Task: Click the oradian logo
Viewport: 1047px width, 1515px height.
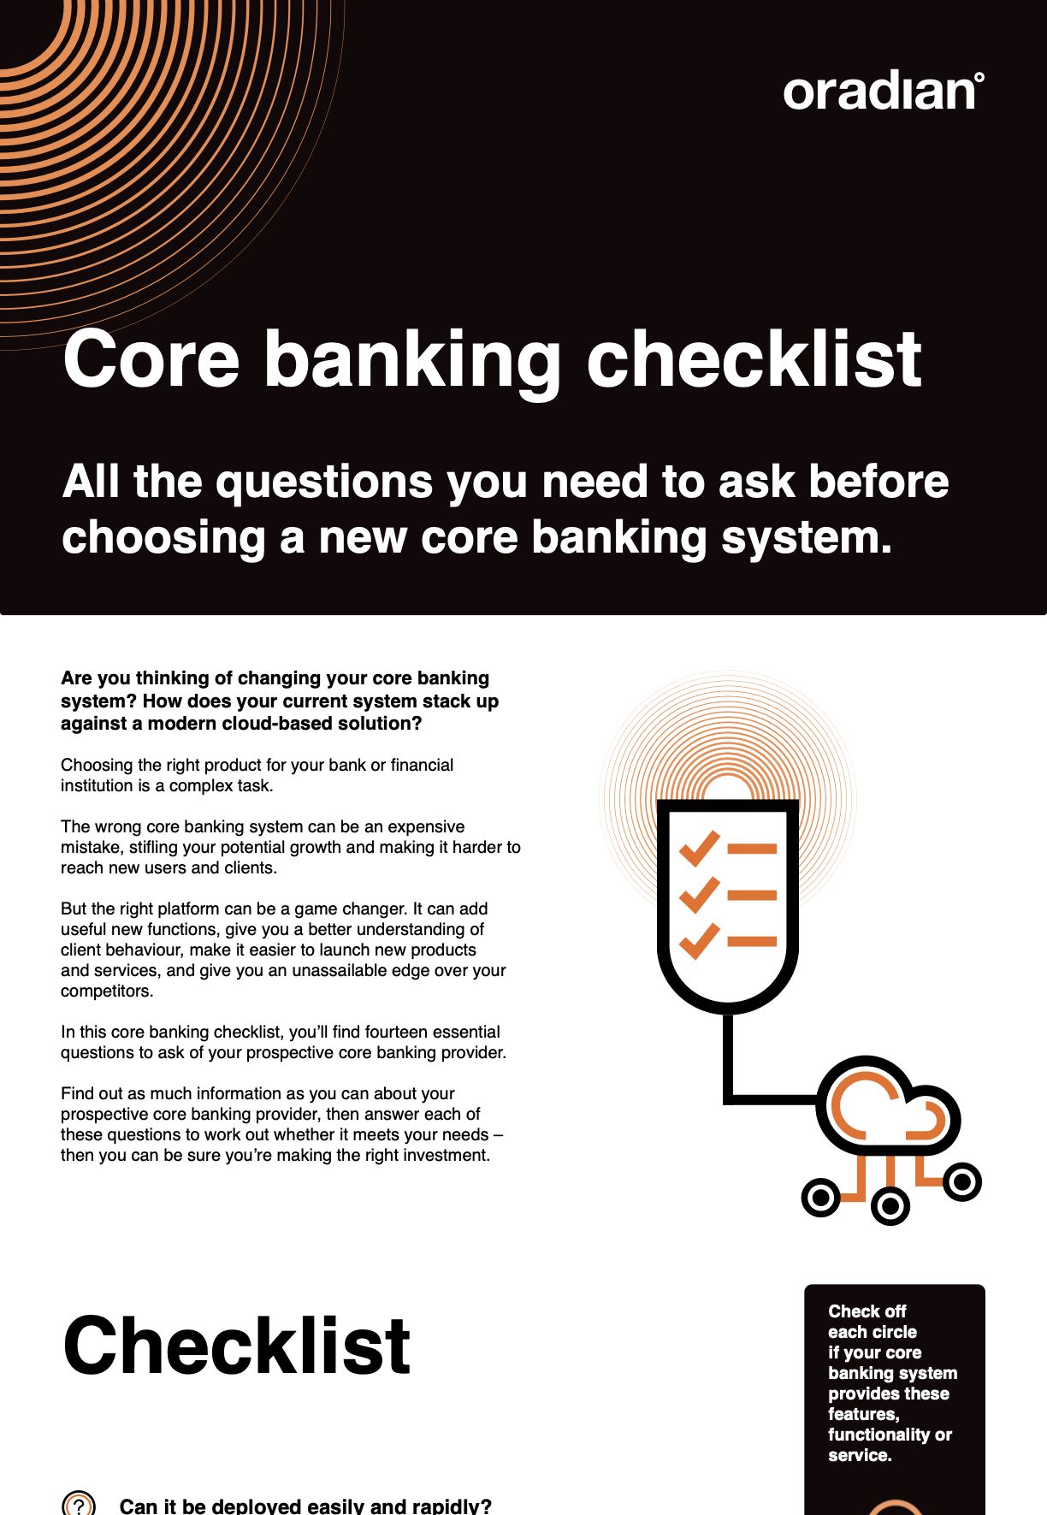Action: click(x=884, y=92)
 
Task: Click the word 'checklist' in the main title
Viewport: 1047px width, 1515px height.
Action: click(x=754, y=358)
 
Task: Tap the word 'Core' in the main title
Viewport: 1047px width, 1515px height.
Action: click(x=151, y=359)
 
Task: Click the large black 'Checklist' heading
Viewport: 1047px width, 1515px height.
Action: click(x=237, y=1346)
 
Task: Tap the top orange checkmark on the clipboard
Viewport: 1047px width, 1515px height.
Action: click(x=699, y=849)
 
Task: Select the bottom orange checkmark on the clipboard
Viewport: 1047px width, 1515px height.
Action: click(x=699, y=941)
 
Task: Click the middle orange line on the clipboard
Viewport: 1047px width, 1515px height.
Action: click(x=752, y=896)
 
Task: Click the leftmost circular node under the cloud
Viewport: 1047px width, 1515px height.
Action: click(x=821, y=1198)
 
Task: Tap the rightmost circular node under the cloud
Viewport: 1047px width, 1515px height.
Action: click(x=962, y=1181)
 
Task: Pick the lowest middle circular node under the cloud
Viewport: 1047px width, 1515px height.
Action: click(x=890, y=1205)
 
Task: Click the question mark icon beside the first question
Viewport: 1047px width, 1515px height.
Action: click(x=79, y=1505)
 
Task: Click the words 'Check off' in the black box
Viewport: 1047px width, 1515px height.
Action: click(x=867, y=1311)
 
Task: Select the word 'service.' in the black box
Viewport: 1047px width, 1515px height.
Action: click(x=860, y=1455)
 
